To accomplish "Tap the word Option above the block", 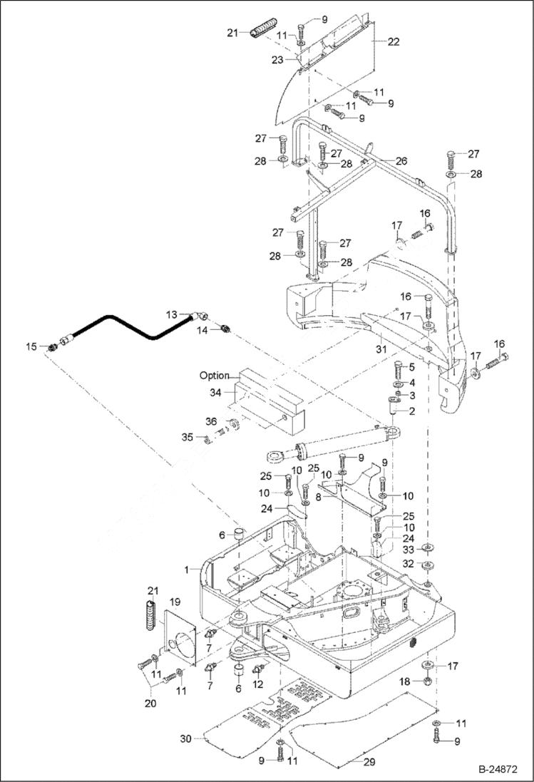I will (214, 376).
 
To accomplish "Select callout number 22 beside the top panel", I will (393, 42).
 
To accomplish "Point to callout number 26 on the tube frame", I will (401, 161).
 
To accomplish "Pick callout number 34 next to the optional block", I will (215, 391).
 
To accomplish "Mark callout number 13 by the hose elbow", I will (171, 314).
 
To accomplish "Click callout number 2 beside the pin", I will (411, 411).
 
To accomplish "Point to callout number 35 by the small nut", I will (187, 437).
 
